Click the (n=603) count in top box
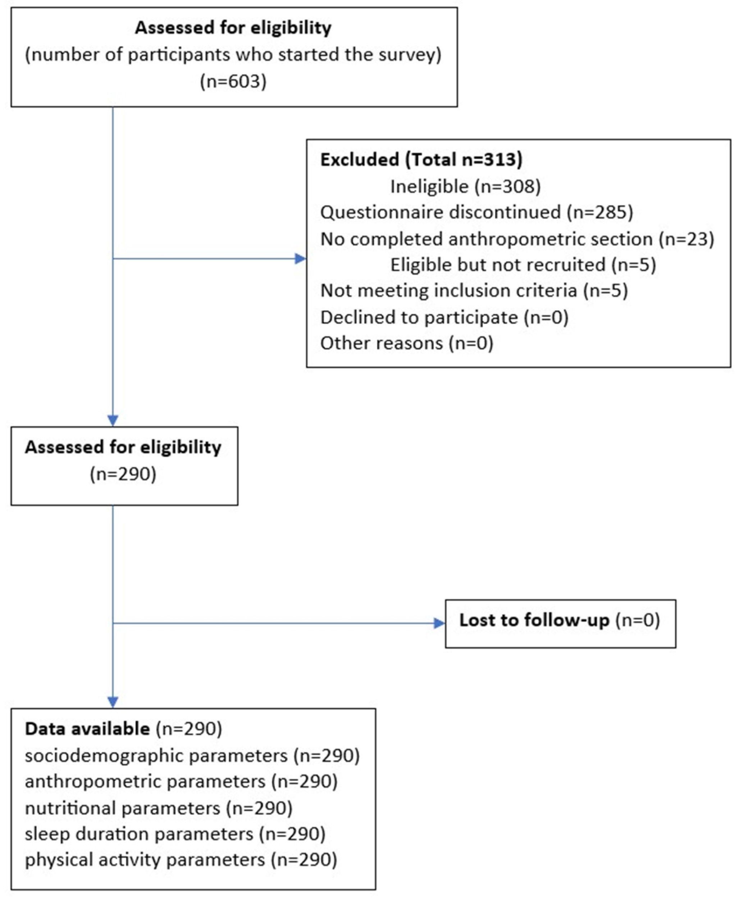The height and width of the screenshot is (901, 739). [233, 81]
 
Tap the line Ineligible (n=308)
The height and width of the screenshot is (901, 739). [465, 186]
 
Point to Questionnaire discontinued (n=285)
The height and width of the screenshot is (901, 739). [476, 212]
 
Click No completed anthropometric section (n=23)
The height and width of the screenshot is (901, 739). [517, 239]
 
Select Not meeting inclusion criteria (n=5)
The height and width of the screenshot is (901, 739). [474, 291]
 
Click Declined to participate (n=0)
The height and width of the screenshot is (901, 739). [444, 317]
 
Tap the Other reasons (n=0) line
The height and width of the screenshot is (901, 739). [406, 343]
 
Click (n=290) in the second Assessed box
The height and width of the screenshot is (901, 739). [123, 474]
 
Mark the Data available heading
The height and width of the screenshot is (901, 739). [87, 729]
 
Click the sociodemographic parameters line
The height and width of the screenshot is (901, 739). [192, 756]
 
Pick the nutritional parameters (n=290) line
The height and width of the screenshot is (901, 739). [158, 808]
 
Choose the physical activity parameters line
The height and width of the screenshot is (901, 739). [181, 860]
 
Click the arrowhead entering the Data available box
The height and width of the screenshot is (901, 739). [113, 702]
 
